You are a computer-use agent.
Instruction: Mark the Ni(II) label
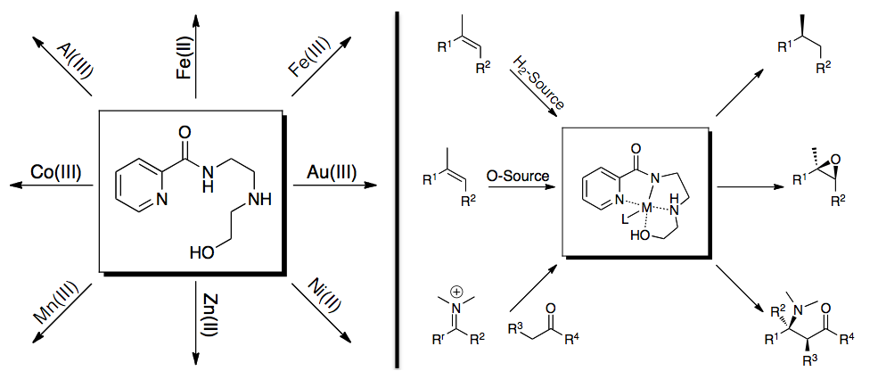coord(313,300)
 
